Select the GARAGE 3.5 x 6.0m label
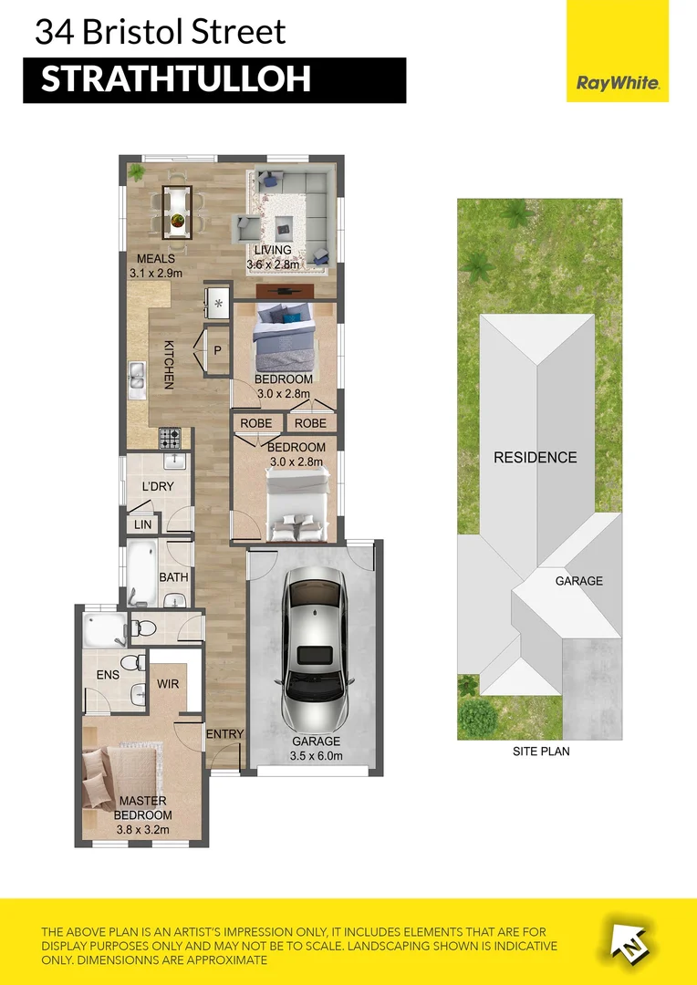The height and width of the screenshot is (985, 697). [316, 749]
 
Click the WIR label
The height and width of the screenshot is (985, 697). [167, 682]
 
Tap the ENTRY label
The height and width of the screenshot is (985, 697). [224, 735]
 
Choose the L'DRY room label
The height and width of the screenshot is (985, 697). [157, 486]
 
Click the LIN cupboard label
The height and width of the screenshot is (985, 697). [142, 524]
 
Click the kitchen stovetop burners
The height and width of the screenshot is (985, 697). [172, 439]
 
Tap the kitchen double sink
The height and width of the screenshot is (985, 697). [136, 379]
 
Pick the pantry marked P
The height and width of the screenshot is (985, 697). [218, 350]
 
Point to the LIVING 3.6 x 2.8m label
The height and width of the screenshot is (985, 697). [274, 257]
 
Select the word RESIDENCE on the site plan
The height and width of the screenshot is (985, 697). [536, 457]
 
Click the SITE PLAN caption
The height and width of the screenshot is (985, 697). [542, 752]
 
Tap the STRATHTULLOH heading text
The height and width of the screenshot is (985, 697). [176, 79]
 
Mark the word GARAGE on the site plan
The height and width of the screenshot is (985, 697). [579, 581]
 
